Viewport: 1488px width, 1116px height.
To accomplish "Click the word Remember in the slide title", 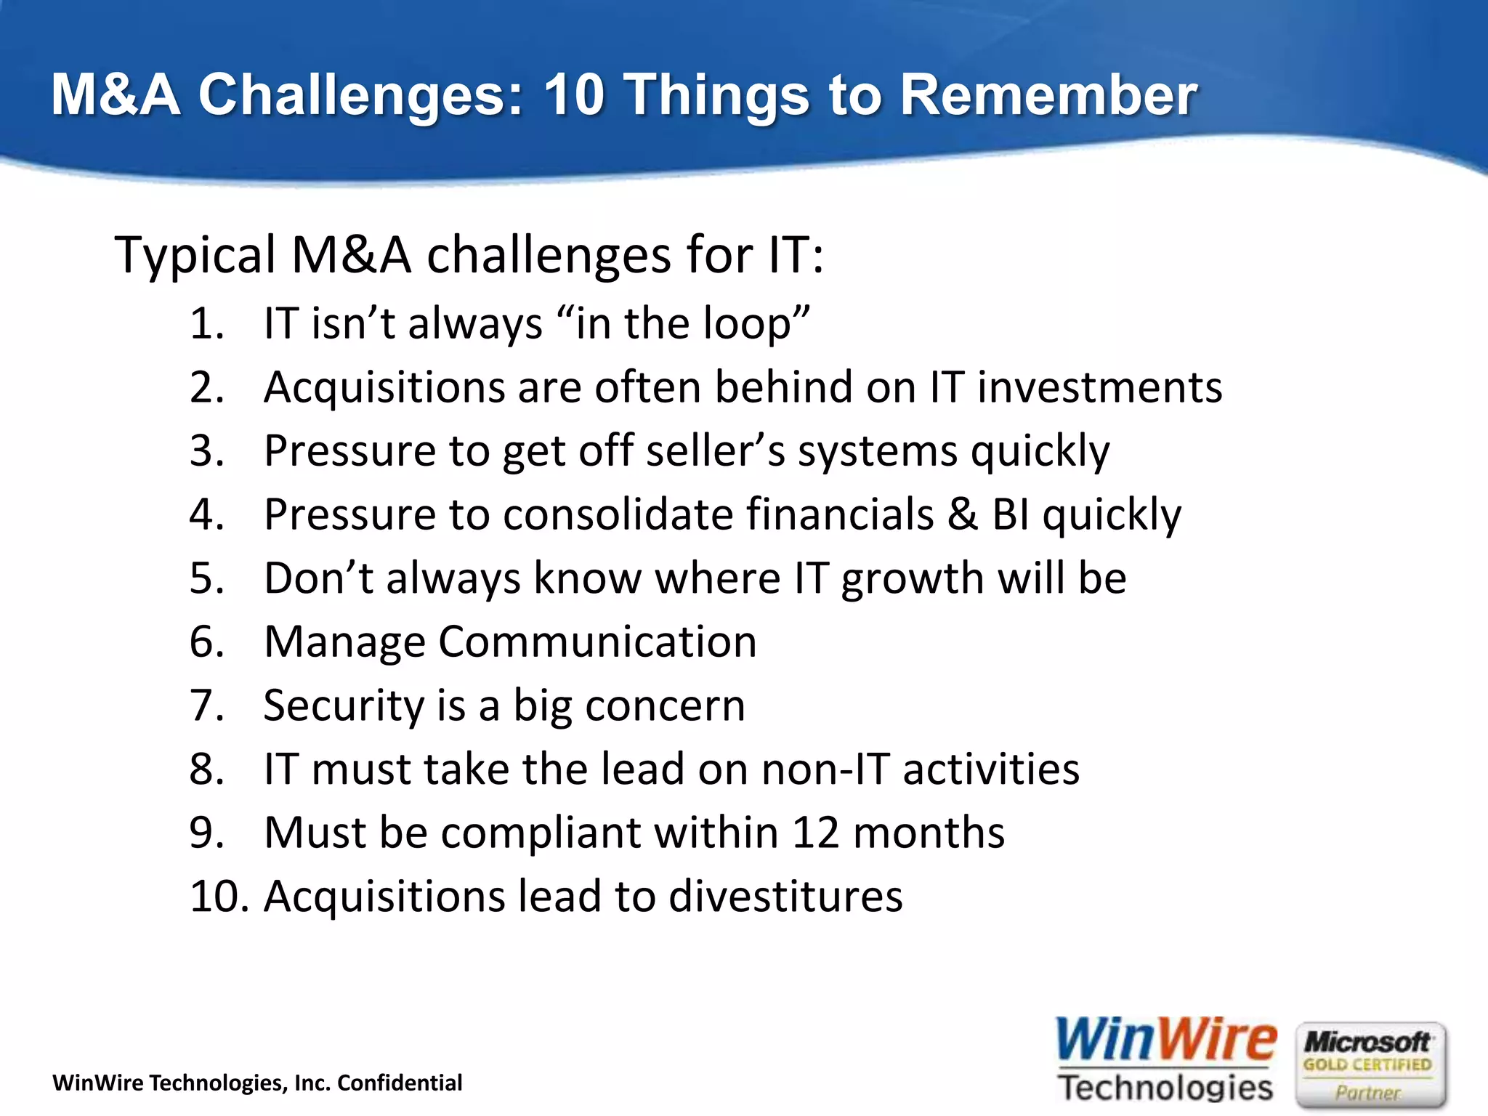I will tap(1048, 95).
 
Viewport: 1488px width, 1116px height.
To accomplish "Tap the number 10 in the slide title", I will tap(573, 95).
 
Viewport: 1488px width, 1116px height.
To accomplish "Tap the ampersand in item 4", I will tap(963, 514).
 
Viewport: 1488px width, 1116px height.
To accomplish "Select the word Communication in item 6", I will tap(597, 642).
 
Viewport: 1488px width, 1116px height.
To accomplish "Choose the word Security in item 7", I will tap(343, 706).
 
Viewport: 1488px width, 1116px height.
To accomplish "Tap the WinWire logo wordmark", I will tap(1165, 1040).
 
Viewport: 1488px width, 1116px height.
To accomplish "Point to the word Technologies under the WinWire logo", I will tap(1165, 1088).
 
